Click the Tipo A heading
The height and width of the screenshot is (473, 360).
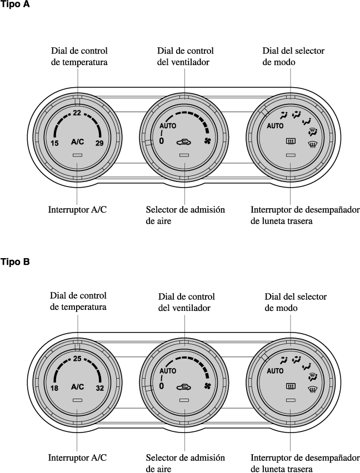(15, 6)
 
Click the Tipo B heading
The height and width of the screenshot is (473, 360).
(15, 261)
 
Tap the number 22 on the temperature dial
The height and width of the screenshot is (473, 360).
(77, 113)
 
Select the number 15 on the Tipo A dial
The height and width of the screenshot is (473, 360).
(54, 143)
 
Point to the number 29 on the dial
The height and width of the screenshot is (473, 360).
(99, 143)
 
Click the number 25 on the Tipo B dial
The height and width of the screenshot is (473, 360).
(77, 359)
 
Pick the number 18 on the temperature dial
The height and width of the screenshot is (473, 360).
(54, 388)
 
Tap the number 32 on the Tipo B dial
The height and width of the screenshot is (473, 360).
(99, 388)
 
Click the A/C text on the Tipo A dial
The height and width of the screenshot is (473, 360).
(77, 142)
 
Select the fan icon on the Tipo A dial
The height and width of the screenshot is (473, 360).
(208, 141)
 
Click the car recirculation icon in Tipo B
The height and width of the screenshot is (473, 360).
(184, 386)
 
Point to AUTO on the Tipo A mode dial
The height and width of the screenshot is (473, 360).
(275, 126)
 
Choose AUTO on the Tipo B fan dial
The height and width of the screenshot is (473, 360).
(168, 371)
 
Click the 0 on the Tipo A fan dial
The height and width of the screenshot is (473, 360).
(162, 141)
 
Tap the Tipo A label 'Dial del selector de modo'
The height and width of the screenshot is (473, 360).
(293, 56)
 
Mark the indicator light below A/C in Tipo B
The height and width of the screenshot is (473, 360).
(77, 400)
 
